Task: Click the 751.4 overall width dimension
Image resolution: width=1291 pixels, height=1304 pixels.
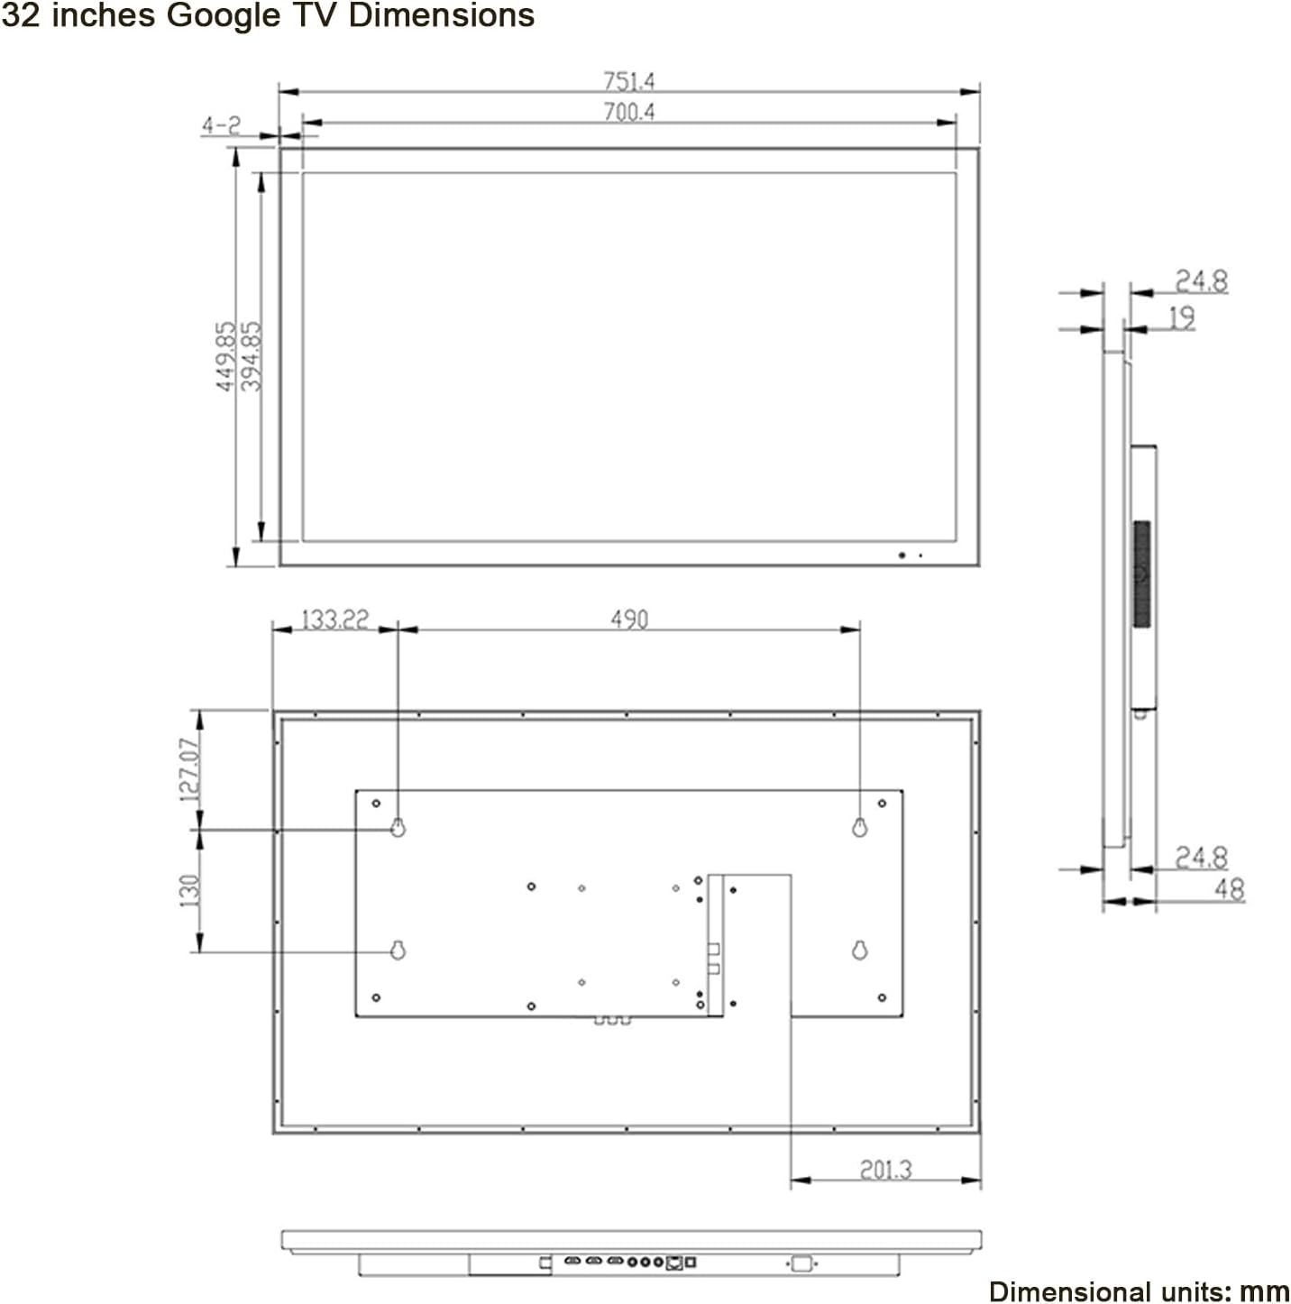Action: [628, 82]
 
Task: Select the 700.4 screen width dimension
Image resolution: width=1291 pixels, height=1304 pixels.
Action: [628, 112]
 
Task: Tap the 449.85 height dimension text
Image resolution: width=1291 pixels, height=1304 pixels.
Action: [226, 356]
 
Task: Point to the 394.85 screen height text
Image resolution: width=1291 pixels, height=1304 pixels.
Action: [251, 356]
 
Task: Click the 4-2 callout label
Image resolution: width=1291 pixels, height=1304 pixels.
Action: [221, 125]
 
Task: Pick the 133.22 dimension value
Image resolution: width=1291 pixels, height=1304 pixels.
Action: [334, 620]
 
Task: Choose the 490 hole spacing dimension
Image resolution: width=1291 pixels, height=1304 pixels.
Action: [629, 620]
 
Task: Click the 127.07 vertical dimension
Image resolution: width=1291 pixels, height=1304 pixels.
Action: [190, 770]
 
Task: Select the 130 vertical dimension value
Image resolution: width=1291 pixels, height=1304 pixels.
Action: [190, 890]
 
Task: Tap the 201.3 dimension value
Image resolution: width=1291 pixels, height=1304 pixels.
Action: [885, 1170]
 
